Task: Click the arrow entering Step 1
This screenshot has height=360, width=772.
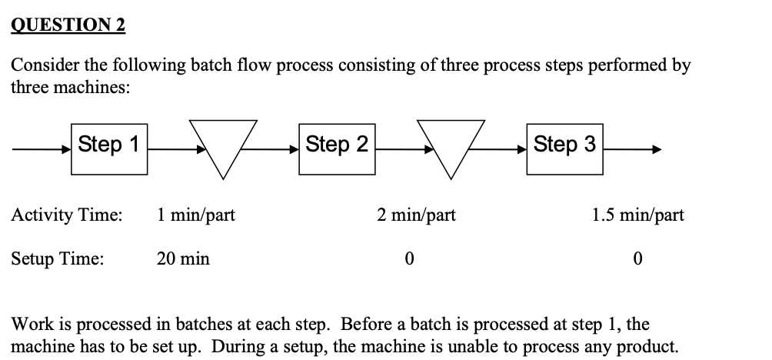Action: tap(42, 150)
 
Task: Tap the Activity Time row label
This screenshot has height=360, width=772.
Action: tap(66, 215)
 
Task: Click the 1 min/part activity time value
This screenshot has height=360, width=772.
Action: tap(195, 215)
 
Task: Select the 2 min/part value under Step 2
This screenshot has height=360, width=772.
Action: tap(416, 215)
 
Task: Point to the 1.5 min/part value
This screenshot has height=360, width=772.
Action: tap(637, 215)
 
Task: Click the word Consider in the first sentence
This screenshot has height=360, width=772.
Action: tap(42, 66)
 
